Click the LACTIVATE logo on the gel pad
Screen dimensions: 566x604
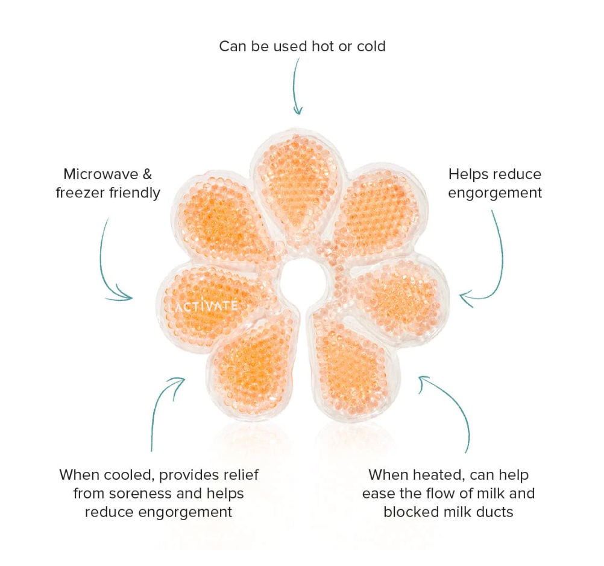[x=203, y=306]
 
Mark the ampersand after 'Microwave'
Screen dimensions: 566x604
[x=146, y=174]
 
